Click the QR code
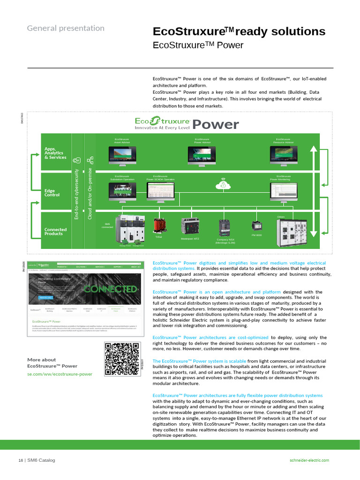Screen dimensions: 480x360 (121, 359)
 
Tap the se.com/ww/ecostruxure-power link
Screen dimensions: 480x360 (60, 374)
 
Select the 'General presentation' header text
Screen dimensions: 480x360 (66, 28)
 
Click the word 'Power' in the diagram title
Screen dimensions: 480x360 (216, 125)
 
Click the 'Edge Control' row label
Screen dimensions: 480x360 (52, 193)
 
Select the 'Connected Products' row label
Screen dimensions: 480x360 (55, 232)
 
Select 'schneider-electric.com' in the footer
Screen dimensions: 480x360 (309, 460)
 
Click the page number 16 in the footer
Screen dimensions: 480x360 (21, 460)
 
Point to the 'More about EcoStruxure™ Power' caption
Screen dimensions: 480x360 (52, 363)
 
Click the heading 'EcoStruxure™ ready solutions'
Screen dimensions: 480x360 (239, 31)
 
